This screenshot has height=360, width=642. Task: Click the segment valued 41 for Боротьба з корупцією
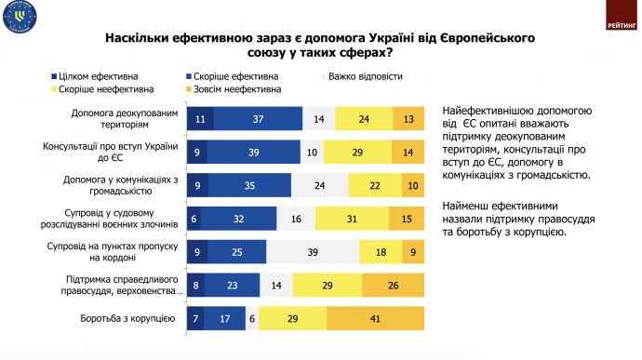[x=374, y=318]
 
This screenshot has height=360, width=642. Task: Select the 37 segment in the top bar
[x=258, y=118]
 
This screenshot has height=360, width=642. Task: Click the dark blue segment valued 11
[x=200, y=118]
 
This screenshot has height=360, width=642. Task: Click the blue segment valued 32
[x=238, y=218]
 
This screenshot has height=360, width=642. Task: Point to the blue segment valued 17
[x=227, y=318]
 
